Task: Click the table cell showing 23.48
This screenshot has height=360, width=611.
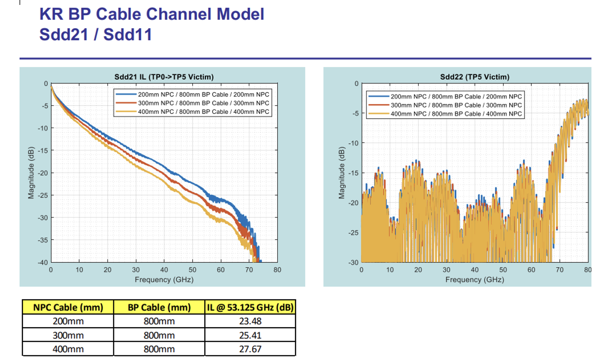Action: point(250,321)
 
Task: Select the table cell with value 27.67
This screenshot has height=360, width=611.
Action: point(250,349)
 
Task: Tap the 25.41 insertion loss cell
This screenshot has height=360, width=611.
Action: point(250,335)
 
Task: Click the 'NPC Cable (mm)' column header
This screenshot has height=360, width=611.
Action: point(68,307)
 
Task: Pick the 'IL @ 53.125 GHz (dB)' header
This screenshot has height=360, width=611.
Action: point(250,307)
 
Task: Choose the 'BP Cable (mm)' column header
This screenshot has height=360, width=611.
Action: point(159,307)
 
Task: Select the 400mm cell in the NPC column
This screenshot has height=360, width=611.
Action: point(68,349)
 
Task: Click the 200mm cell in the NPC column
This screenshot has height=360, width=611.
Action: point(68,321)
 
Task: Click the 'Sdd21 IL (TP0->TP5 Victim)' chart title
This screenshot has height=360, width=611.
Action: point(164,77)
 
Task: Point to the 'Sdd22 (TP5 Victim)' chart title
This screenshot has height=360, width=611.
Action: point(474,77)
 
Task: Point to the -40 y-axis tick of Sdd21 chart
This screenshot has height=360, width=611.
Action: point(43,263)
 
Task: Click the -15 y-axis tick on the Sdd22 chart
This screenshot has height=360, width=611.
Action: point(353,173)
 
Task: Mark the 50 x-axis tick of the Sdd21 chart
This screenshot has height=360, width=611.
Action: point(192,270)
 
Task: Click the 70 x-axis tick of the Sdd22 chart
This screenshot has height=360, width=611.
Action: point(559,270)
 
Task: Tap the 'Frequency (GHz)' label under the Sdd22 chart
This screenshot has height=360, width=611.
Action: point(474,280)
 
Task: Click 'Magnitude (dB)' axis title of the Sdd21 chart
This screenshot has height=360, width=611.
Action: point(31,173)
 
